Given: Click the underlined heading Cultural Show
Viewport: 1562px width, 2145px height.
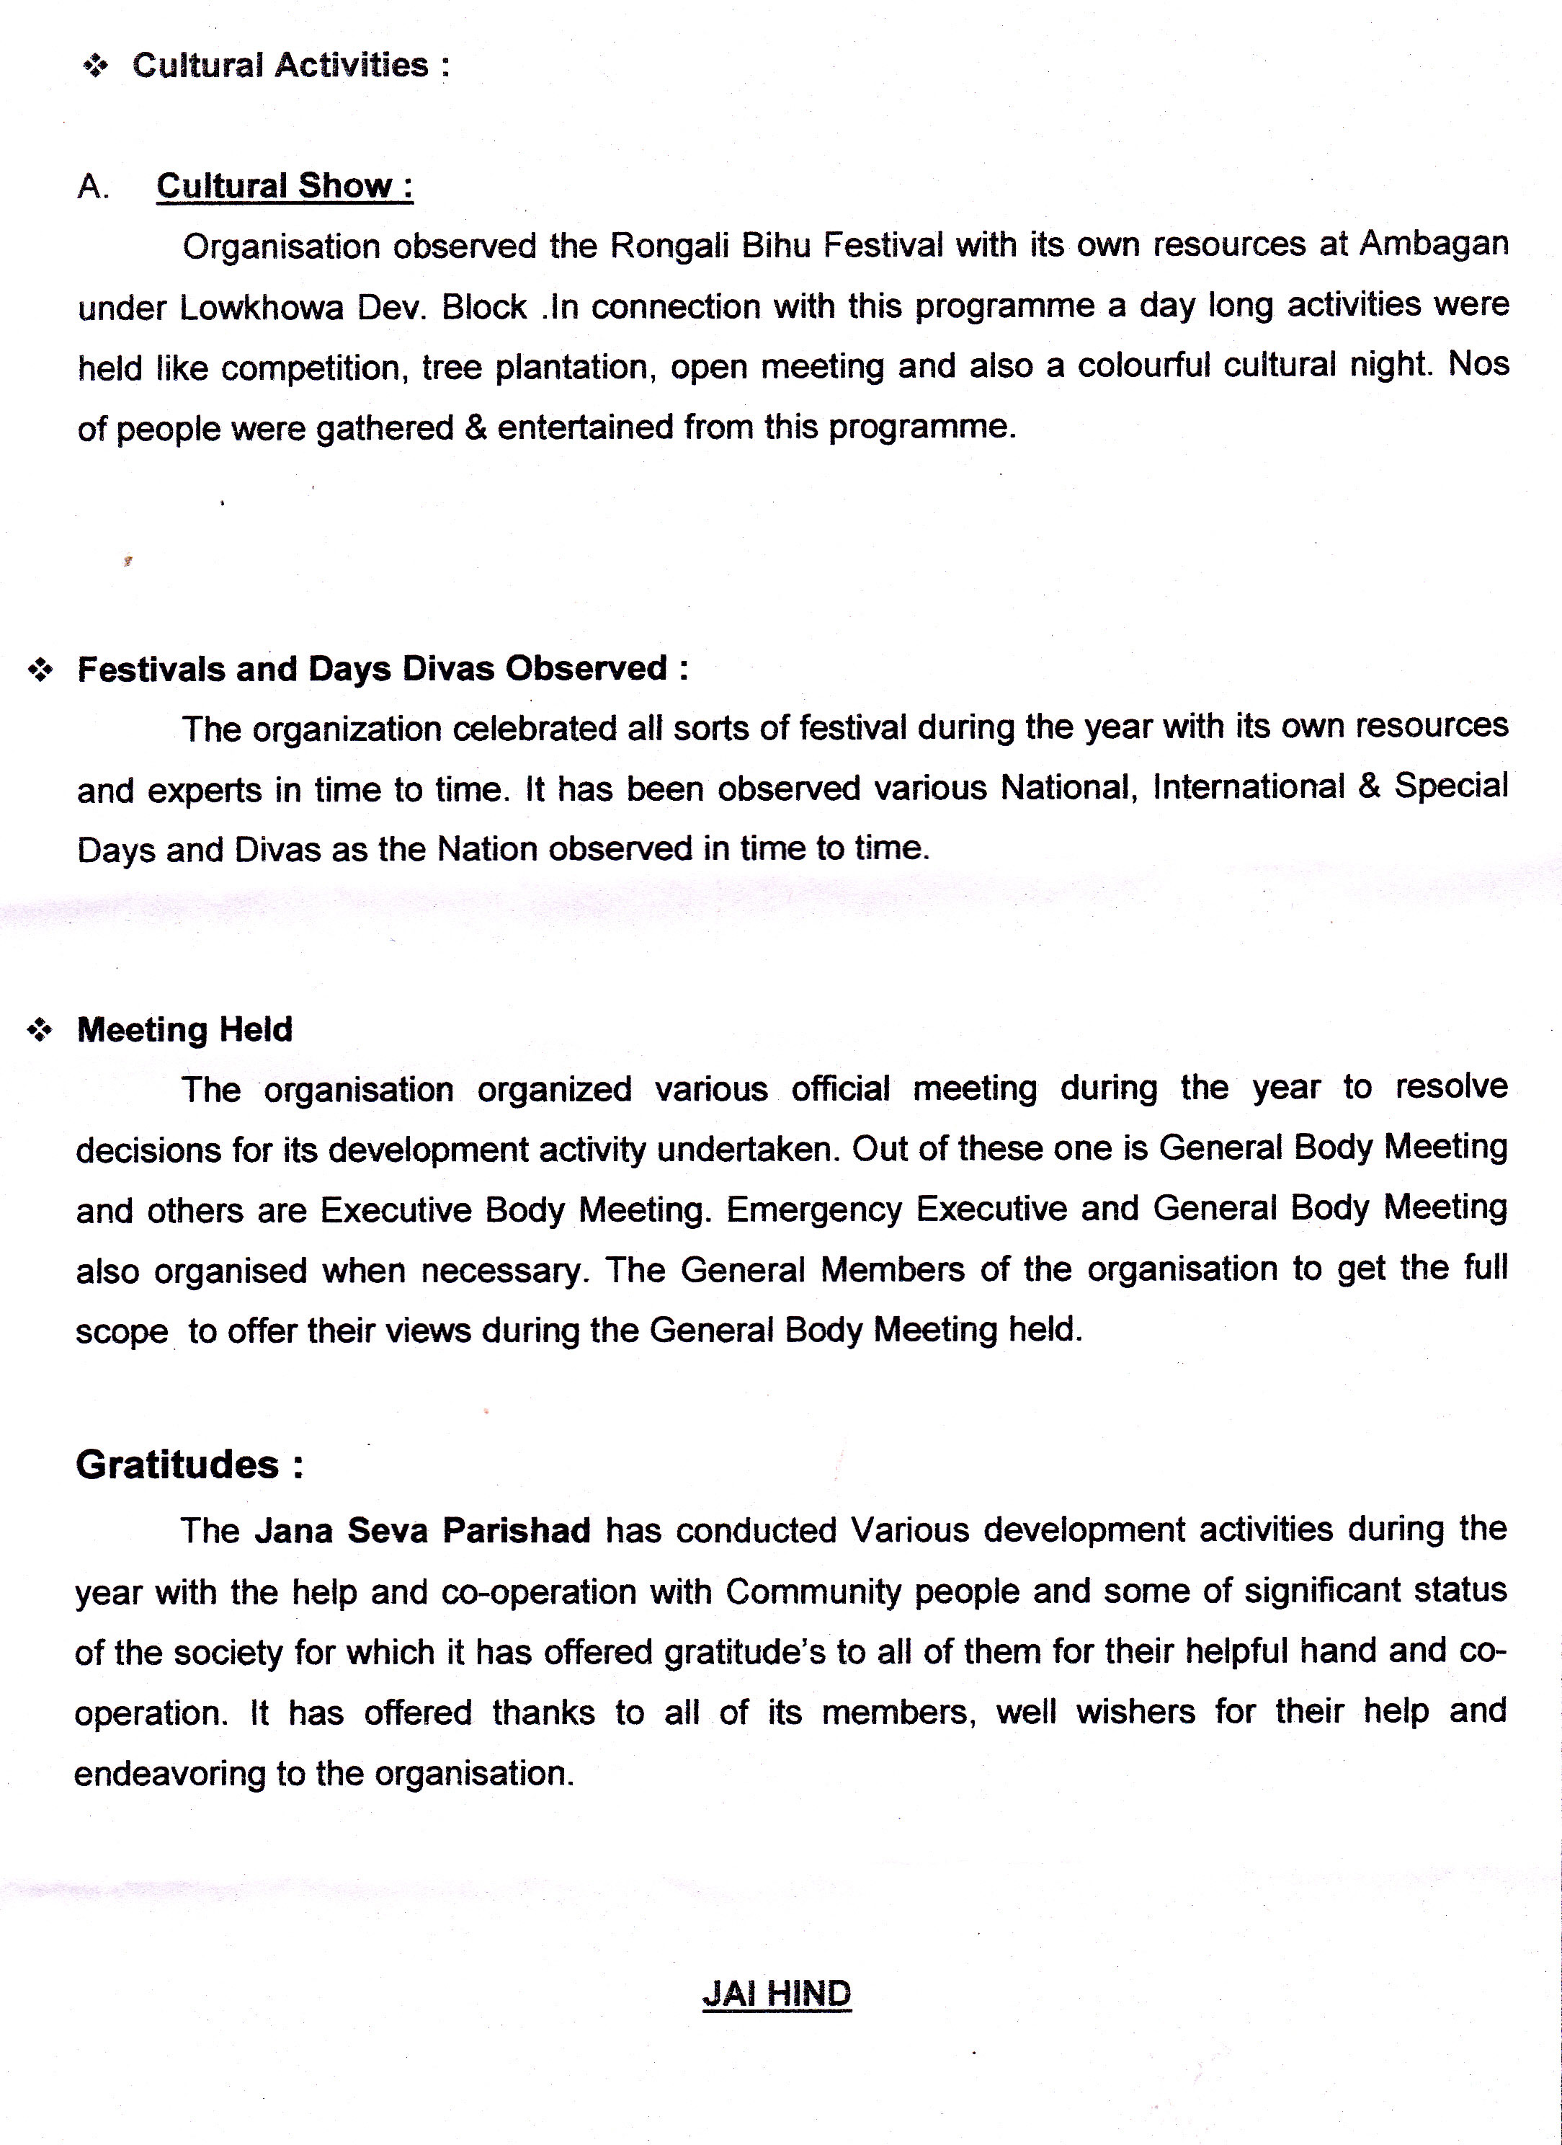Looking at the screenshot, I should tap(285, 185).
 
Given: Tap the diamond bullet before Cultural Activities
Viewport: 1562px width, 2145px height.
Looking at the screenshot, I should tap(97, 66).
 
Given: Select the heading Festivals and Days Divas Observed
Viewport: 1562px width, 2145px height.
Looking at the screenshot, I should tap(382, 669).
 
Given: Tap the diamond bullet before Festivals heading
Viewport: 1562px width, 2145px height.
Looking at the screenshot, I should tap(40, 670).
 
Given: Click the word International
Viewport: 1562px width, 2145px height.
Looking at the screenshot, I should tap(1248, 787).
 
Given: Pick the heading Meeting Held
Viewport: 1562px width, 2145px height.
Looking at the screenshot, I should tap(184, 1029).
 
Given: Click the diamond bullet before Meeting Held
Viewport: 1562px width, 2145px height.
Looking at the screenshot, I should tap(40, 1031).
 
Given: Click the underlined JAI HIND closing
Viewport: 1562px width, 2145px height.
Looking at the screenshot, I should tap(776, 1994).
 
